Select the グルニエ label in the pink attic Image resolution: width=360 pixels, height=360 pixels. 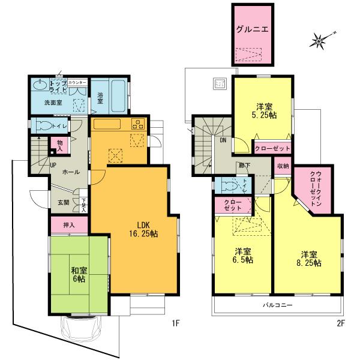[x=251, y=28]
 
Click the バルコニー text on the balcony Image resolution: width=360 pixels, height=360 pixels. [x=277, y=305]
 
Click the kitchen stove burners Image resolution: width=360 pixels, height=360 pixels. [x=139, y=124]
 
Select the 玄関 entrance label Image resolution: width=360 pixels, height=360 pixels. [x=64, y=202]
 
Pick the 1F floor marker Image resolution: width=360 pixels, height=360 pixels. [x=176, y=324]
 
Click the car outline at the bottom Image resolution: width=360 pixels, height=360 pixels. [x=81, y=327]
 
